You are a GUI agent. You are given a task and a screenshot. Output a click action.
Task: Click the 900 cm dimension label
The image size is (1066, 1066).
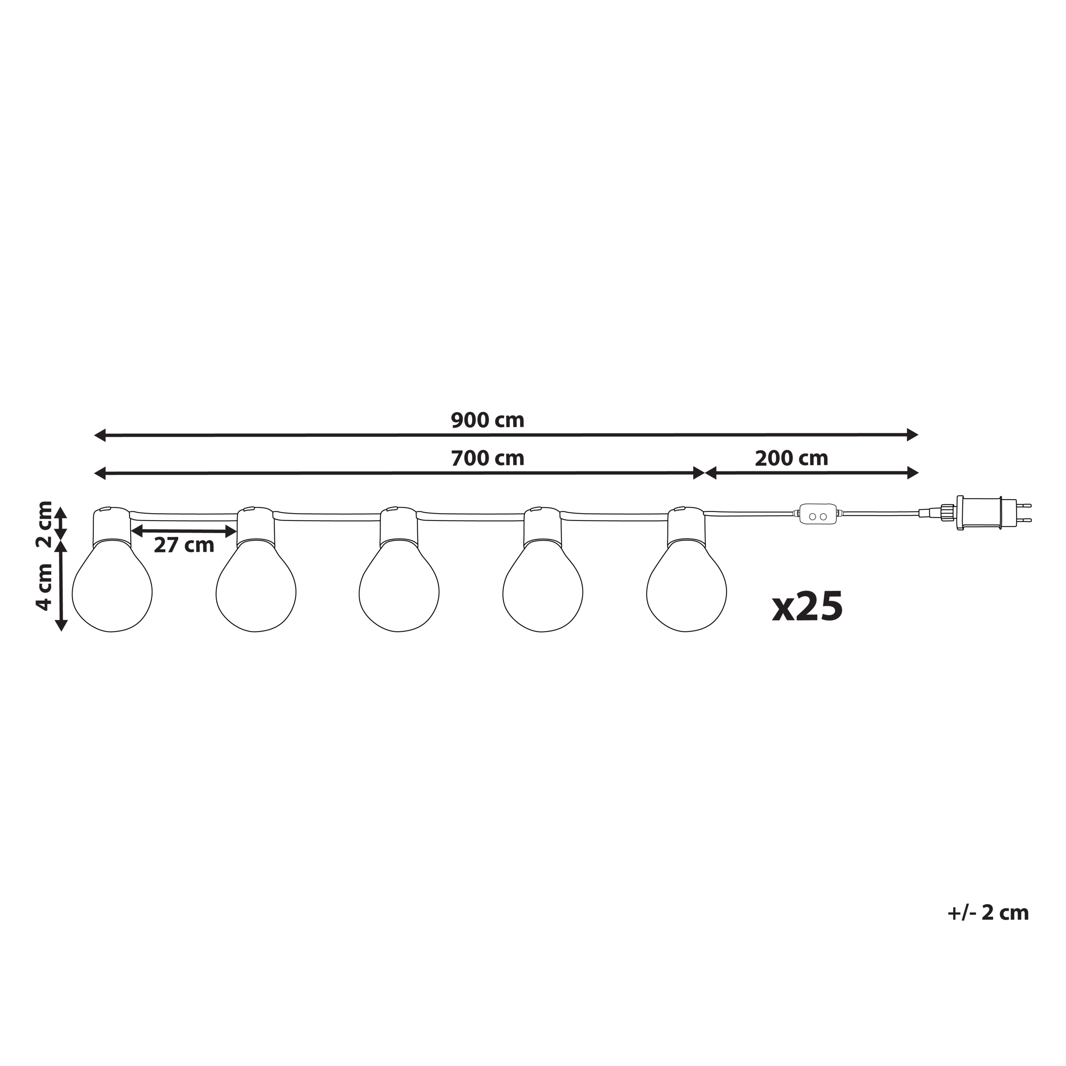487,421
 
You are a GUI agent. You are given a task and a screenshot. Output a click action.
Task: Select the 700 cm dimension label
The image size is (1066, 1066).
487,458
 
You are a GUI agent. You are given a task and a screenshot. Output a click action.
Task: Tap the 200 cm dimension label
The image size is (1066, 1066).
791,458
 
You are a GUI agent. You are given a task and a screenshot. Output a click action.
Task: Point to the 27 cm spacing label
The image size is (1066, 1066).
184,545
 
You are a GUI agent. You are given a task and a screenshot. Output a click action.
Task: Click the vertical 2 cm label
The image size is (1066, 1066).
44,523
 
